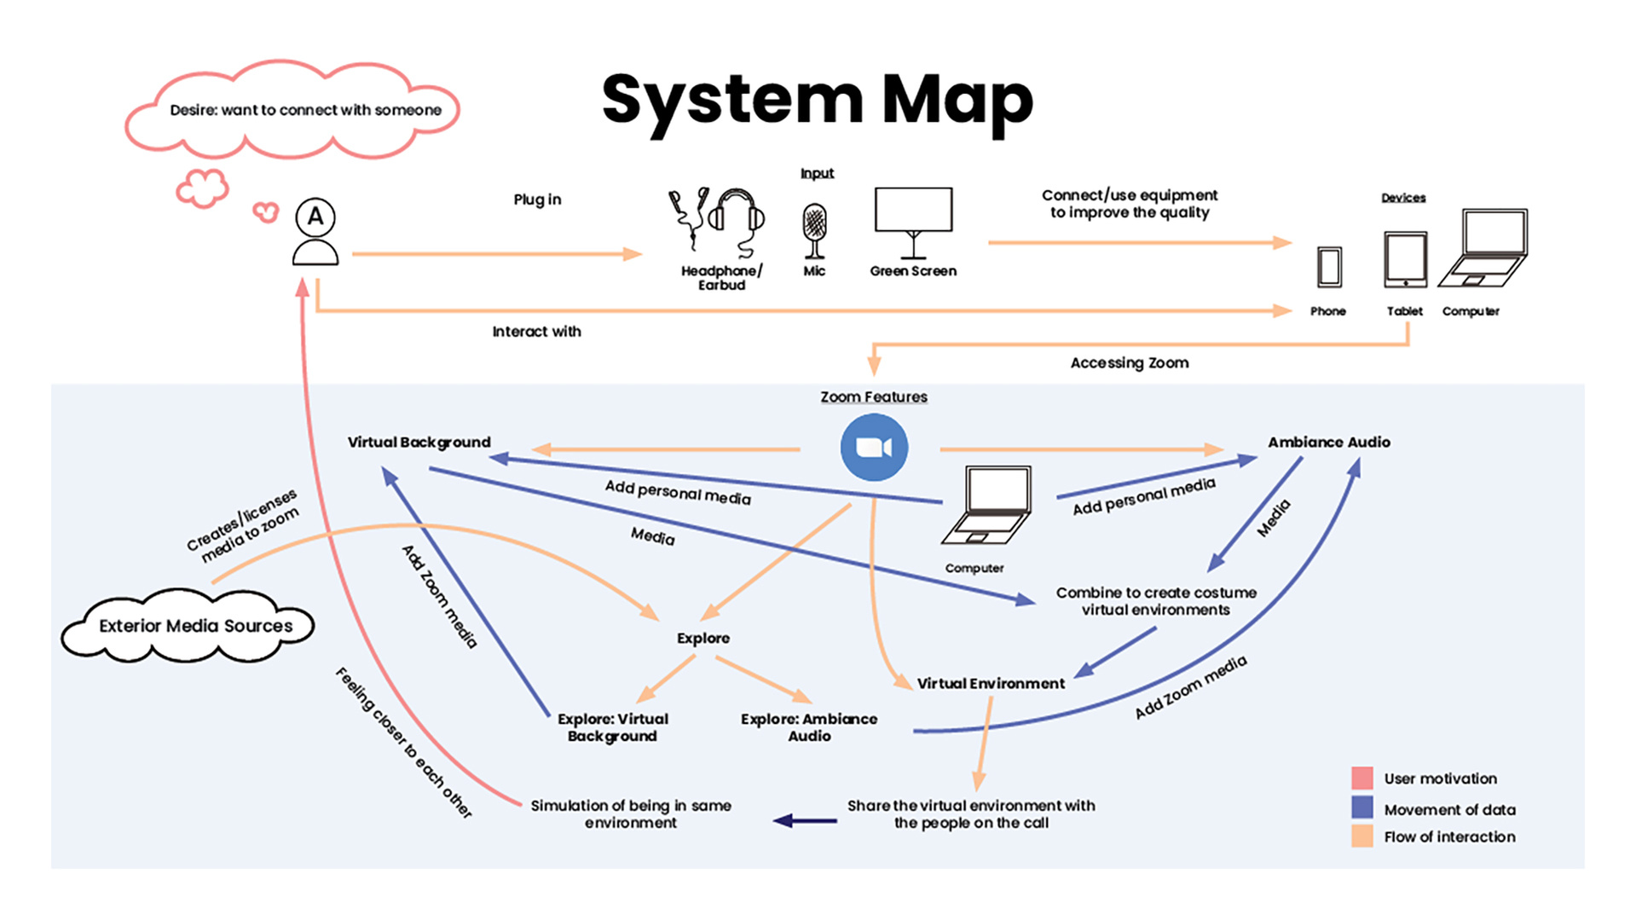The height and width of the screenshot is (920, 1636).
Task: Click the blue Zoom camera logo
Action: (874, 448)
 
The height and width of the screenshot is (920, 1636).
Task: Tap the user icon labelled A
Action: (315, 231)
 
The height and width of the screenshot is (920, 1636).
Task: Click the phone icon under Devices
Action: (1329, 267)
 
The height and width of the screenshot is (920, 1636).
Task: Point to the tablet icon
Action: (1405, 260)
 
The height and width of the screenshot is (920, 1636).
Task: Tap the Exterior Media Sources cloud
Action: (188, 626)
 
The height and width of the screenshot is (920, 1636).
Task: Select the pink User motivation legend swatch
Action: (1362, 778)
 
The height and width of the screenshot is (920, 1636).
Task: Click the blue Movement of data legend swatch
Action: (1362, 807)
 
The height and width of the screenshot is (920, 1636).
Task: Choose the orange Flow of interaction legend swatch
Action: (1362, 836)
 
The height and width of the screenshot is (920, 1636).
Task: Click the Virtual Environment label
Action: (991, 683)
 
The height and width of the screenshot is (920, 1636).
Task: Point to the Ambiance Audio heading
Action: (1328, 442)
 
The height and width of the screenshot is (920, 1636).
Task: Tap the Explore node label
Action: (703, 638)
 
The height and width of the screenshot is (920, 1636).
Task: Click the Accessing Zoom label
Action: (1130, 362)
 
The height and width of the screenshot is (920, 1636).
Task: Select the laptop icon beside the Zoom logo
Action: (987, 505)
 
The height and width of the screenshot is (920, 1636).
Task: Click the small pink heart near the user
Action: (266, 211)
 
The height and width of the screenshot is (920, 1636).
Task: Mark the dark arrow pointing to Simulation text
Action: (805, 821)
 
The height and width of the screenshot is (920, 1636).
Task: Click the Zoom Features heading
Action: (874, 396)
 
